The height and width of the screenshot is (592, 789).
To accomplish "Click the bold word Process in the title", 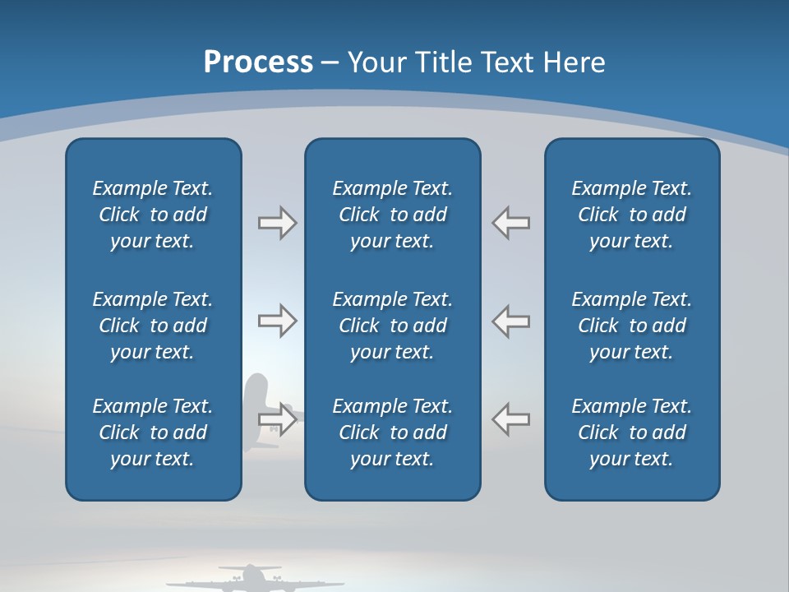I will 258,62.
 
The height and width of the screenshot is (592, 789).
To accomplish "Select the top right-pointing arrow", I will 278,223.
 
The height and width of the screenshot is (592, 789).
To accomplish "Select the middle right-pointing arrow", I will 278,321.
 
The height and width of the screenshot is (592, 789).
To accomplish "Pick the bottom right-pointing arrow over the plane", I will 278,419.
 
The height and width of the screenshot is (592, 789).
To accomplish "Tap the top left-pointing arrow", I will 510,223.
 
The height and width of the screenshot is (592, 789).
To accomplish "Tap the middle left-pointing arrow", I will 510,321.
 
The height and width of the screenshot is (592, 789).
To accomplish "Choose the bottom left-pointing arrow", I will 510,419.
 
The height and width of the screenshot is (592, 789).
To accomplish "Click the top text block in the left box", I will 153,215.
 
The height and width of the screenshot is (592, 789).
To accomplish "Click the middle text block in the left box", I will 153,326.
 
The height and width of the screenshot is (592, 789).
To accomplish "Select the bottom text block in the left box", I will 153,432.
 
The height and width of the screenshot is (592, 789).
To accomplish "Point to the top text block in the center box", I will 392,215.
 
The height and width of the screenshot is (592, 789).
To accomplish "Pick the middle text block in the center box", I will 392,326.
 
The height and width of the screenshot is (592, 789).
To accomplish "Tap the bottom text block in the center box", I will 392,432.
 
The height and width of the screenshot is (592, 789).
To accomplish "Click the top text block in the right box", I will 631,215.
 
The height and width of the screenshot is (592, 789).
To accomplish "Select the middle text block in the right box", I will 631,326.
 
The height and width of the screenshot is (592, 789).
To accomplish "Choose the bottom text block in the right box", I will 631,432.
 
